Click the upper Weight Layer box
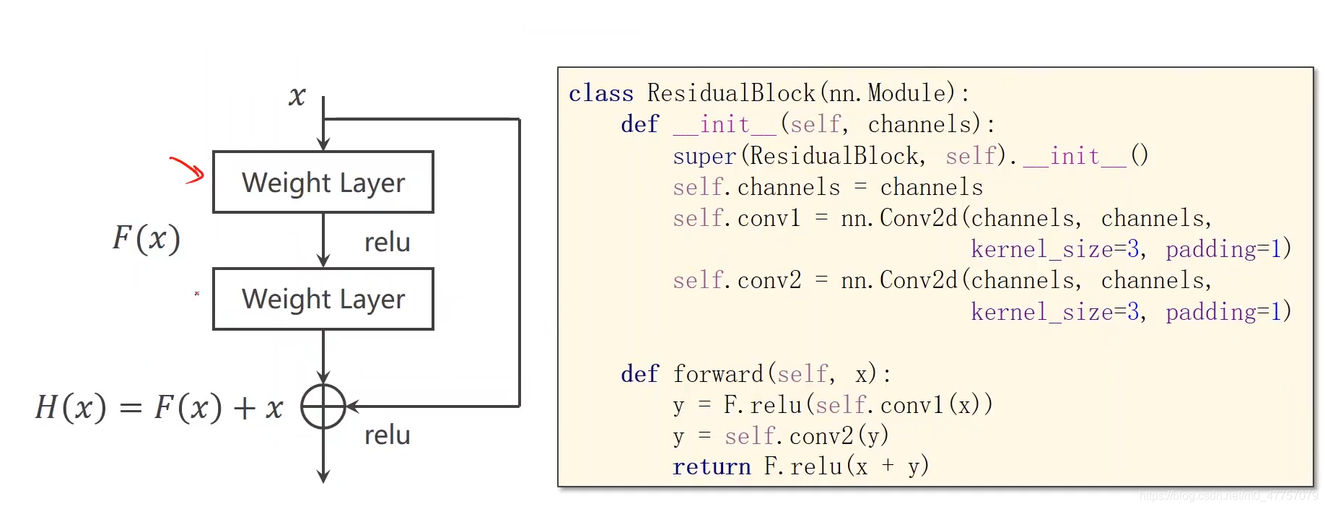[323, 182]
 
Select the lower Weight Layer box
[323, 299]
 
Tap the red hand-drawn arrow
[188, 170]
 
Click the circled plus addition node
[323, 406]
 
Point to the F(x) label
[147, 238]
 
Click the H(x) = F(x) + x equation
[159, 408]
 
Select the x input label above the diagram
[297, 96]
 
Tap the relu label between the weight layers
[387, 243]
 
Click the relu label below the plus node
[387, 435]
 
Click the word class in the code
[600, 94]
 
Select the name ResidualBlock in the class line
[730, 93]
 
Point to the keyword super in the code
[704, 156]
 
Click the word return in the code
[712, 467]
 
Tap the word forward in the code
[718, 374]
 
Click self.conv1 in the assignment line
[736, 218]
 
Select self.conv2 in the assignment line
[736, 280]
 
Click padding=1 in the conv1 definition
[1227, 249]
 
